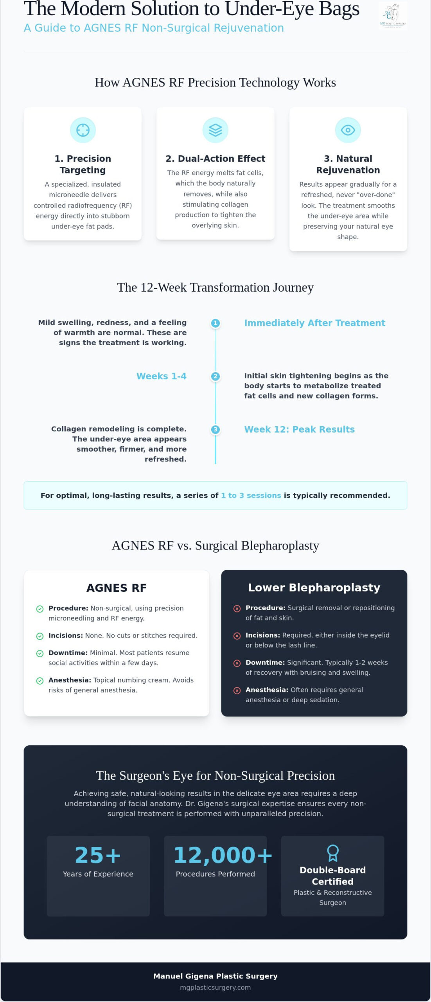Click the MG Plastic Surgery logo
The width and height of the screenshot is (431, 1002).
pos(393,16)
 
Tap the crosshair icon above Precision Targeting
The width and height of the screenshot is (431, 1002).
pos(83,130)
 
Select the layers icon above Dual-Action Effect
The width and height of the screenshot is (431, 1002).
pos(215,130)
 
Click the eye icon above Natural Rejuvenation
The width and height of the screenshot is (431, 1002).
pos(348,130)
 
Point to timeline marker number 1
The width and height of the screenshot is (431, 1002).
pos(215,323)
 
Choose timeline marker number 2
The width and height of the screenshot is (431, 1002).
pos(215,377)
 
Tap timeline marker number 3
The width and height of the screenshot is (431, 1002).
pos(215,429)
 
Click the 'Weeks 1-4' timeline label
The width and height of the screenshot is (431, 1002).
pos(161,376)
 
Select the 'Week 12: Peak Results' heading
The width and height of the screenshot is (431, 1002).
pos(299,429)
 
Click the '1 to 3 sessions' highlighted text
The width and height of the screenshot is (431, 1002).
pos(251,496)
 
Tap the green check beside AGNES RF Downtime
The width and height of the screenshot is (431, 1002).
pos(40,654)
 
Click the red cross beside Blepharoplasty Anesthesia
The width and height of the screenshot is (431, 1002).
pos(237,690)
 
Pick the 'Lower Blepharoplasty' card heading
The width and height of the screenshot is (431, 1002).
pos(314,588)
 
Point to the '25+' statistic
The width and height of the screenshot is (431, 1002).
pos(98,855)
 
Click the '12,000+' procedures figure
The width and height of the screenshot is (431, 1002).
pos(223,855)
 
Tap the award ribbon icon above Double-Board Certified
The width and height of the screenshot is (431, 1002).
pos(332,853)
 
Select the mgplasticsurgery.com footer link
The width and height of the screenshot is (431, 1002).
pos(215,988)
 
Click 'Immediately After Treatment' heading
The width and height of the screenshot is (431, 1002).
pos(315,323)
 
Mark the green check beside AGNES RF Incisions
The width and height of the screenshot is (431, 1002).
pos(40,636)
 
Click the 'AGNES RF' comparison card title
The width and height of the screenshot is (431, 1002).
pos(117,588)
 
